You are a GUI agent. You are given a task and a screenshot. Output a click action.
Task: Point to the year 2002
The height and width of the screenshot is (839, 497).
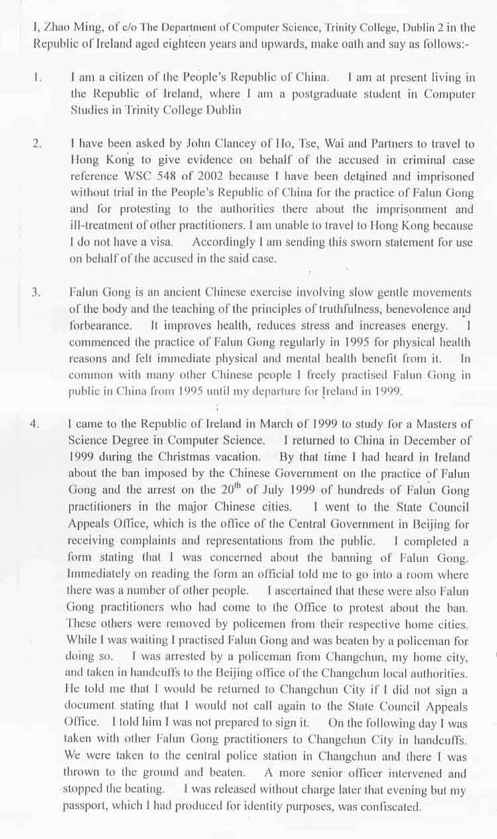pos(207,177)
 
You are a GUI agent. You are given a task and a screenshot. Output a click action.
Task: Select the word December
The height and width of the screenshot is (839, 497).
pos(426,441)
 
